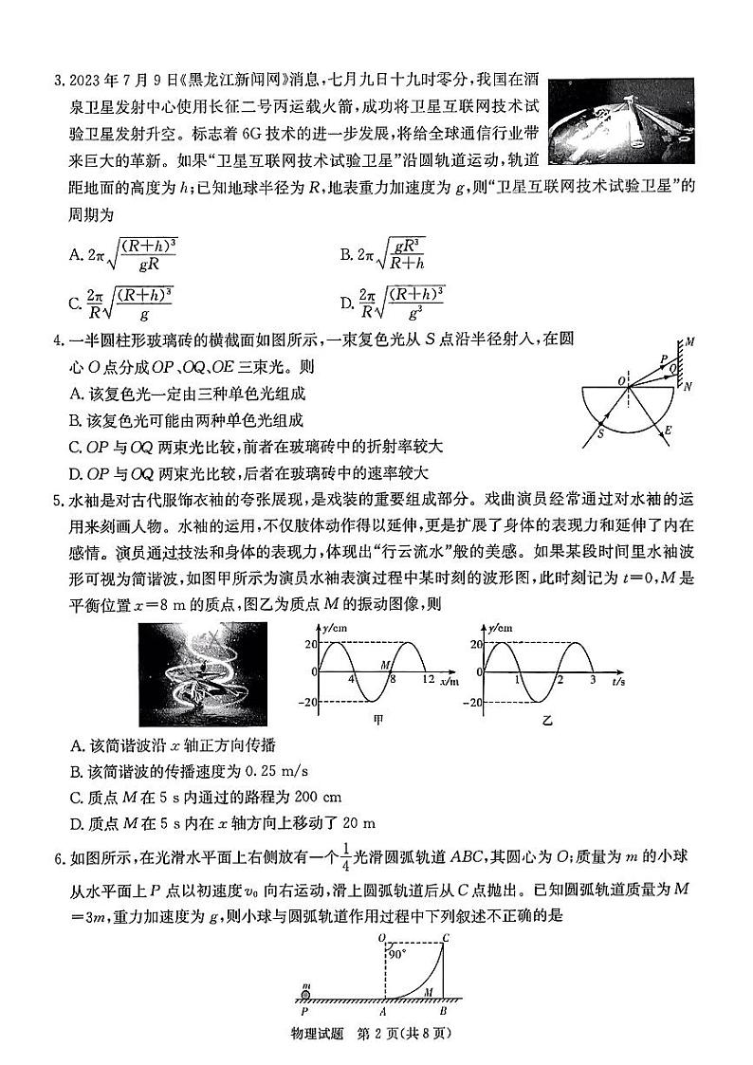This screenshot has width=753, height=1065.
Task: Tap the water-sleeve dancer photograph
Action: pyautogui.click(x=210, y=674)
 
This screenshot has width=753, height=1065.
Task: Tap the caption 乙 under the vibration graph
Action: pyautogui.click(x=546, y=721)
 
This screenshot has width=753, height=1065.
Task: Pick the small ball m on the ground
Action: pyautogui.click(x=306, y=993)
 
